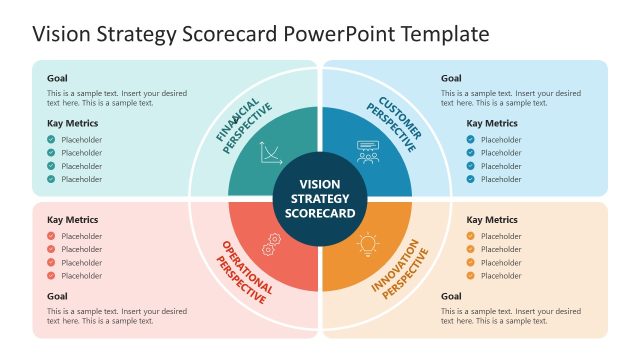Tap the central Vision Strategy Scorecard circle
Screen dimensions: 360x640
click(320, 199)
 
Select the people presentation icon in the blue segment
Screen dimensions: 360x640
click(367, 152)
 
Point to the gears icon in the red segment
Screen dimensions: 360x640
click(270, 244)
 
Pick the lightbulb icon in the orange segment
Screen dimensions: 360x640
click(368, 243)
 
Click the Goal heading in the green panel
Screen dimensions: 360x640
click(57, 78)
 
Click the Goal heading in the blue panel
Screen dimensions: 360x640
click(451, 78)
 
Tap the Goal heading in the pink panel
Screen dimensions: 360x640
click(57, 296)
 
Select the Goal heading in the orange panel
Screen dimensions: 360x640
click(451, 296)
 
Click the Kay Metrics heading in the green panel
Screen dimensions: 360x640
click(72, 124)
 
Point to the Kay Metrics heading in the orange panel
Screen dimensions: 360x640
click(492, 220)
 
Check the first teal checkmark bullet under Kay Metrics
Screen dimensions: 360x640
click(51, 140)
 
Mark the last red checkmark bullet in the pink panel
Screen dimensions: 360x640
click(51, 275)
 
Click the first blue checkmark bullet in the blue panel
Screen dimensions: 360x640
click(471, 140)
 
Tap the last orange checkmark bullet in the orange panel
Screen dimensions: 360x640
click(471, 275)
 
